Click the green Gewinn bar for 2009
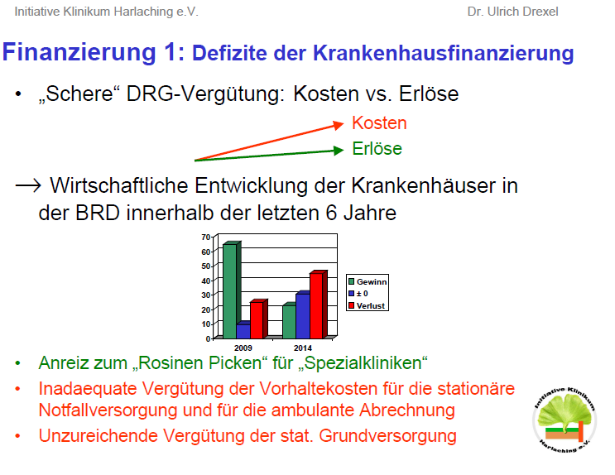pos(230,290)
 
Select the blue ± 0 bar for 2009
pos(243,331)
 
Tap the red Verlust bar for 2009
pos(257,319)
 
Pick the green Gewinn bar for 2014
pos(290,321)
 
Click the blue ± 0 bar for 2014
pos(303,316)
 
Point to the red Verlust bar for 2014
pos(317,305)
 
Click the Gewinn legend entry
pos(368,281)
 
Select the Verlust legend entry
pos(367,305)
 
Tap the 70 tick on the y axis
pos(206,237)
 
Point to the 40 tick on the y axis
pos(206,281)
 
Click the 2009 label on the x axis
pos(243,348)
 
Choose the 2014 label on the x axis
pos(303,348)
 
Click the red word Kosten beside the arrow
pos(379,123)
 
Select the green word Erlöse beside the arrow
pos(377,149)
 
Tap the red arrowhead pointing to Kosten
pos(338,125)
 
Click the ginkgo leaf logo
pos(565,419)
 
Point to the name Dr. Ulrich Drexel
pos(512,12)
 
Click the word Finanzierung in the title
pos(79,53)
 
